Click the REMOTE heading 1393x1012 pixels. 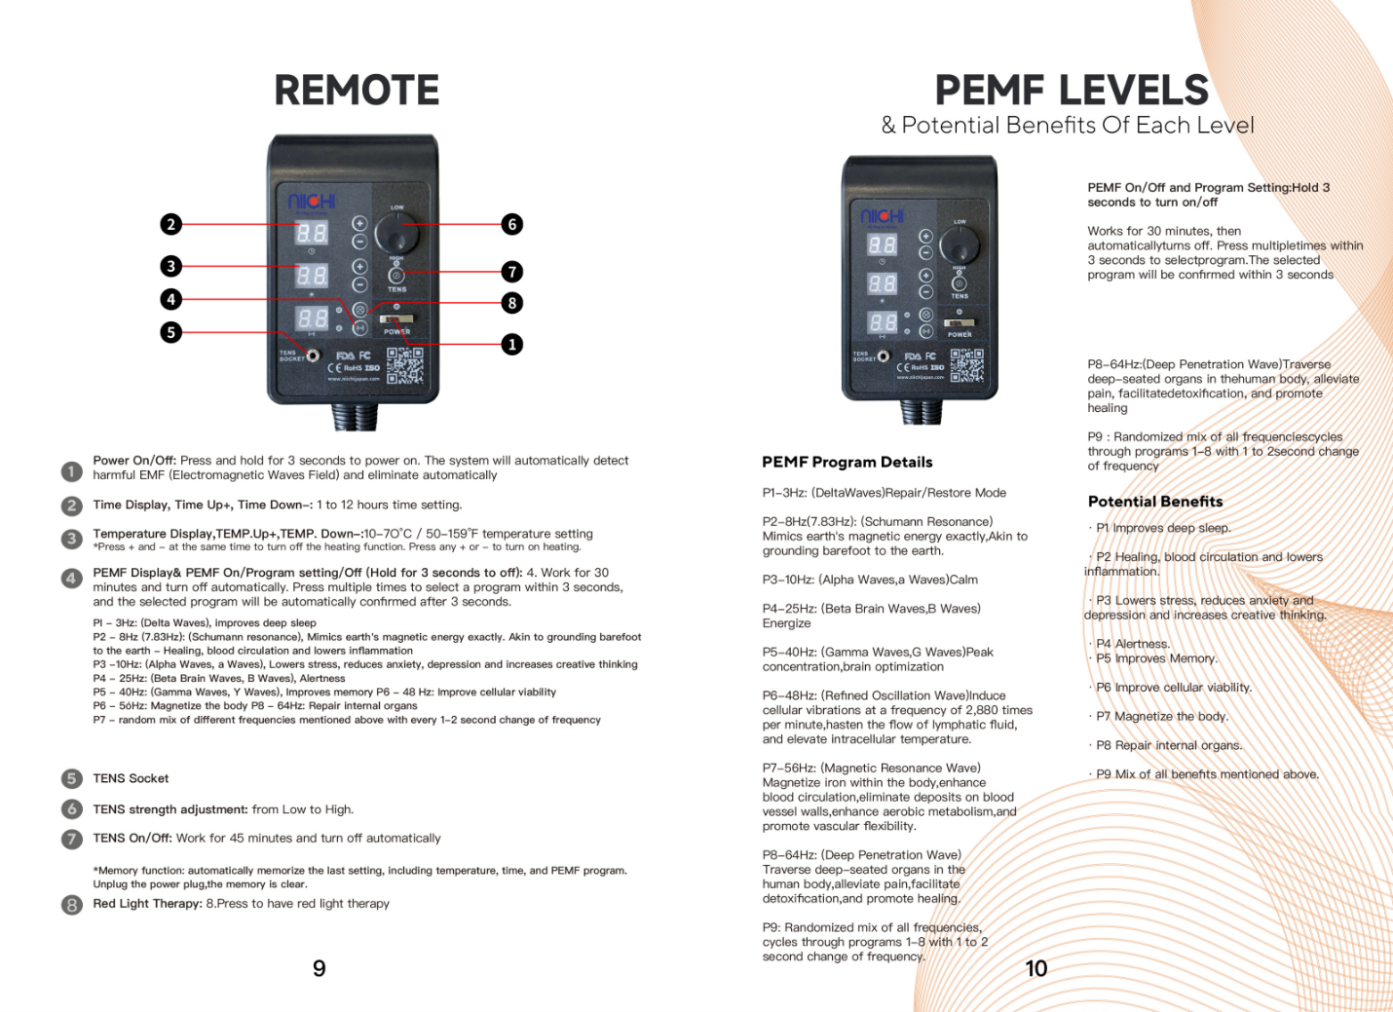click(x=357, y=91)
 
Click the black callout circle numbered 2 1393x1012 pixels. click(x=171, y=224)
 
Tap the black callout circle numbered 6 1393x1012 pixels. click(x=512, y=224)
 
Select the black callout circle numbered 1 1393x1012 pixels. click(x=512, y=344)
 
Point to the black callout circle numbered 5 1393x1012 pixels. click(x=171, y=332)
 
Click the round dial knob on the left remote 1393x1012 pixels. click(x=396, y=234)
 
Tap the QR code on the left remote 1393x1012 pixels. click(x=404, y=366)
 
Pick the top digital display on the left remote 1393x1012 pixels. click(x=312, y=233)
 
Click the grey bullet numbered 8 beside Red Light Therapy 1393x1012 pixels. click(x=71, y=905)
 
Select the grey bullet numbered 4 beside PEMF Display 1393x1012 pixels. click(x=71, y=578)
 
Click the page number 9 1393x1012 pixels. click(x=319, y=968)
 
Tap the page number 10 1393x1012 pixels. click(x=1035, y=968)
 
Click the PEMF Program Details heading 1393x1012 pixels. click(x=847, y=462)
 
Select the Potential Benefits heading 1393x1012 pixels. click(x=1154, y=502)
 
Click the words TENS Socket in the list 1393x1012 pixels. click(x=131, y=778)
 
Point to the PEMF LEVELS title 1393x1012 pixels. click(x=1072, y=91)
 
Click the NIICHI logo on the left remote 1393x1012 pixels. click(x=312, y=201)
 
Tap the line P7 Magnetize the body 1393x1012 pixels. click(x=1161, y=716)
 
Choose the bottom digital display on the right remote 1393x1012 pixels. click(x=882, y=322)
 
